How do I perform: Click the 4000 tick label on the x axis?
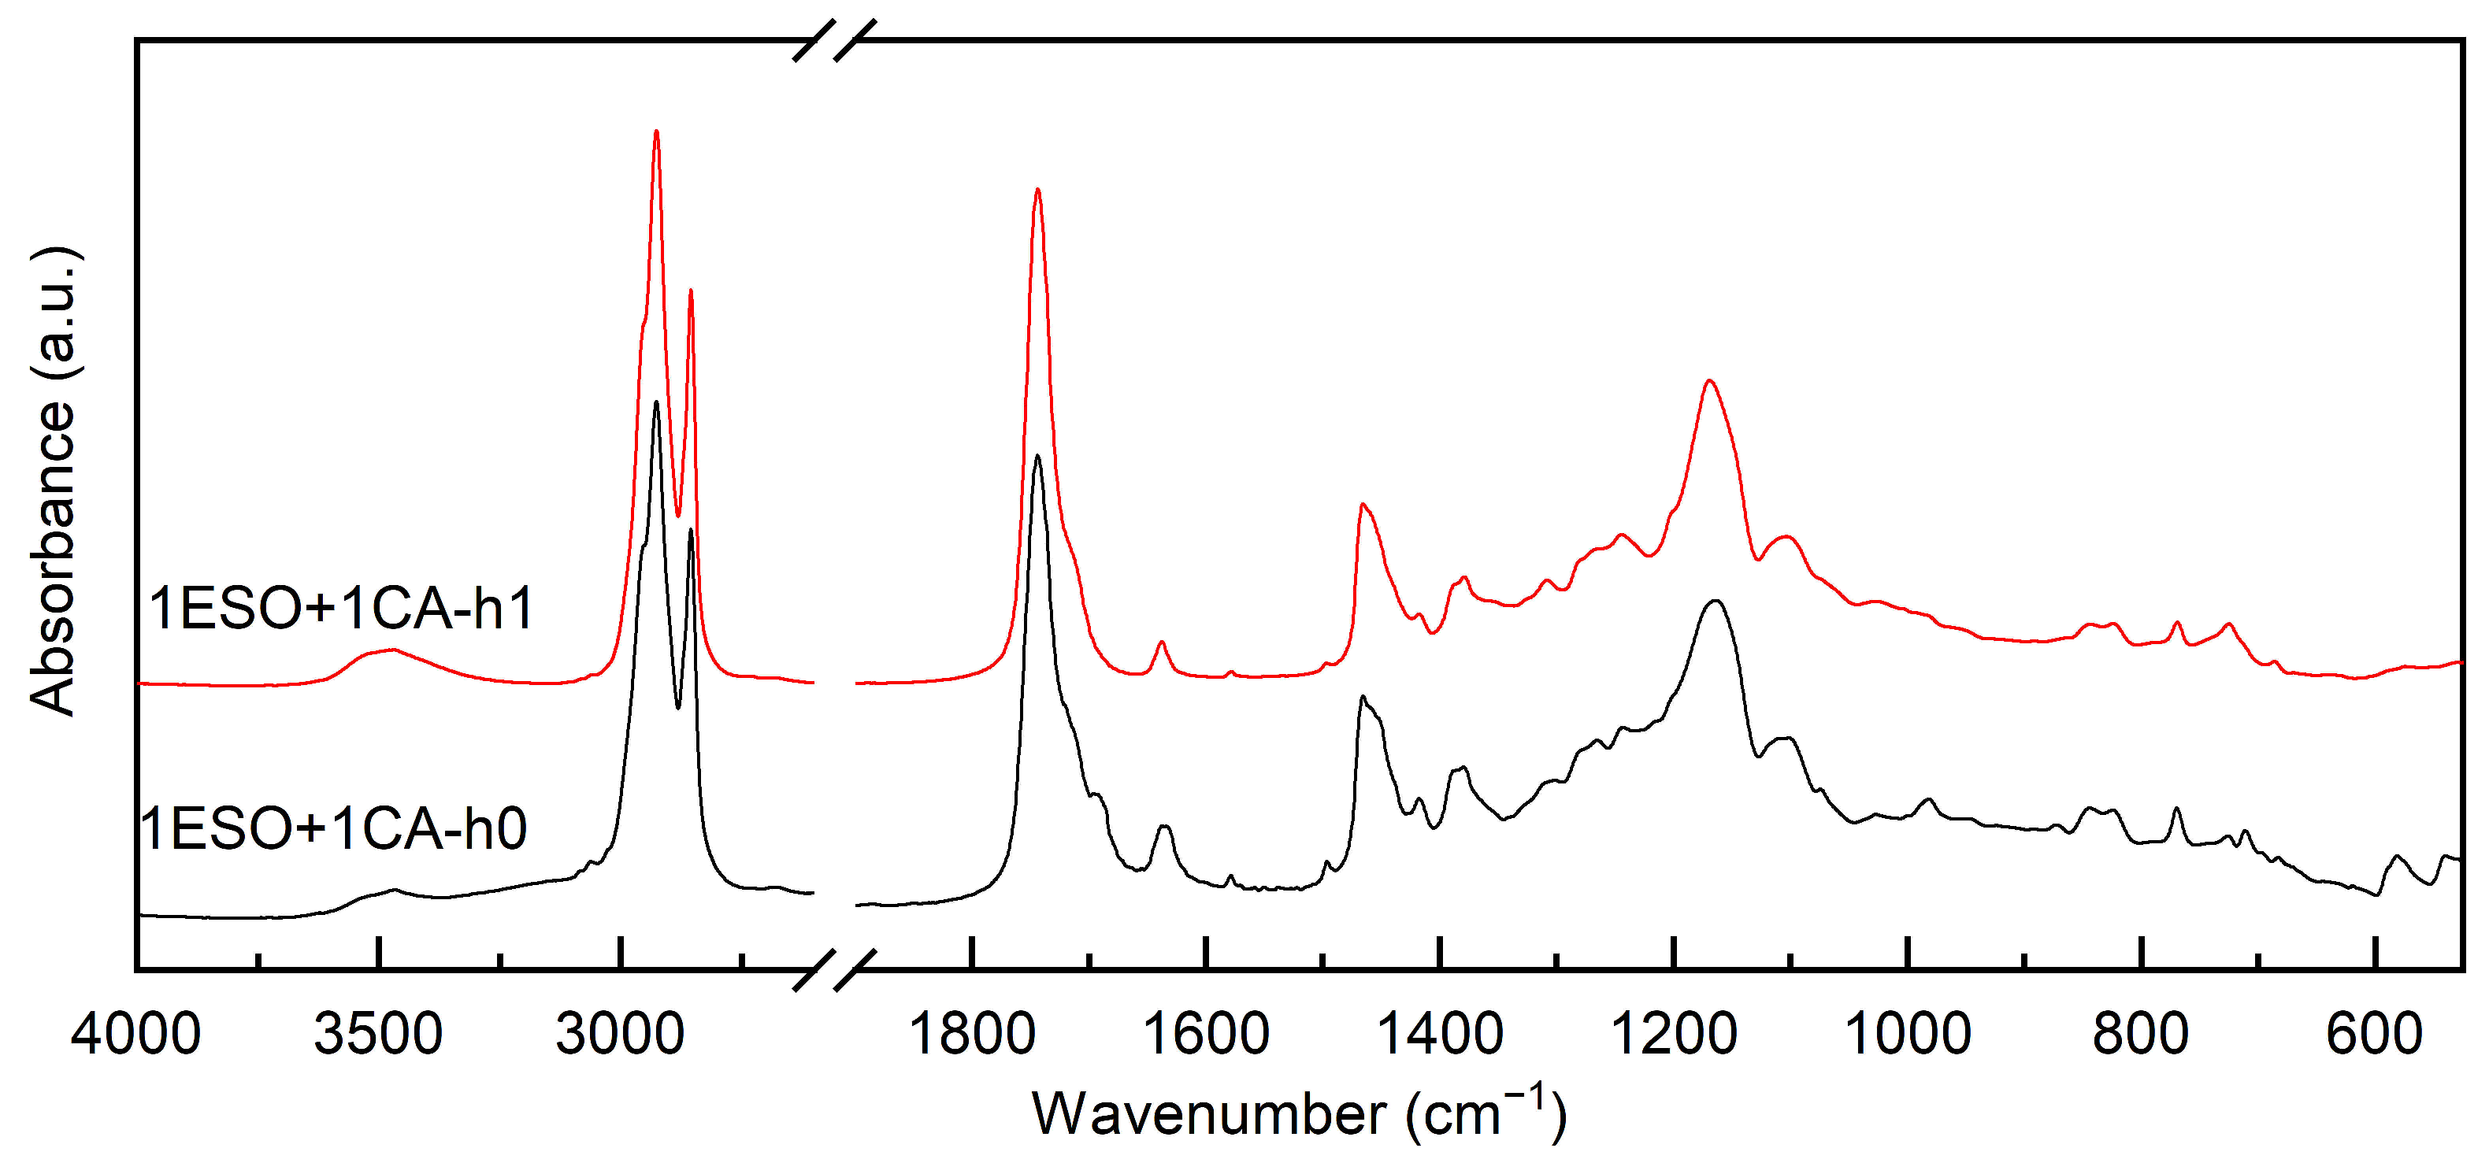(136, 1035)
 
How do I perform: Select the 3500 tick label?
(379, 1035)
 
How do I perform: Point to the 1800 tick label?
(973, 1035)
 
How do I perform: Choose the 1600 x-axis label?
(1207, 1035)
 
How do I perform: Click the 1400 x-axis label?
(1440, 1035)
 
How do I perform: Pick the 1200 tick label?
(1674, 1035)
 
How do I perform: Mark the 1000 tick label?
(1908, 1035)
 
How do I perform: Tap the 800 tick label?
(2141, 1035)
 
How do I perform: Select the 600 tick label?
(2374, 1035)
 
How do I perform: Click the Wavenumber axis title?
(1299, 1114)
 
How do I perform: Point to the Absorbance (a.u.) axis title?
(52, 481)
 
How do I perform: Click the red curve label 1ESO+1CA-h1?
(341, 609)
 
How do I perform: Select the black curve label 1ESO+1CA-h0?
(334, 828)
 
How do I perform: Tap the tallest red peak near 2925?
(656, 131)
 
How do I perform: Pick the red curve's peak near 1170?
(1709, 381)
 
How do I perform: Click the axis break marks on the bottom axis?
(834, 969)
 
